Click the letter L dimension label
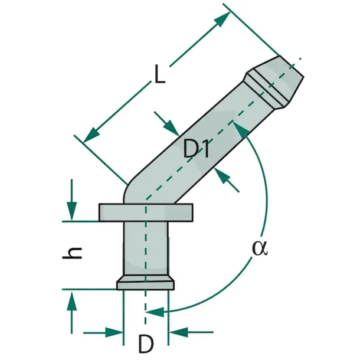pos(160,74)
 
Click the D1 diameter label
pos(197,149)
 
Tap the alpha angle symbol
pos(260,248)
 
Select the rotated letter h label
pos(72,253)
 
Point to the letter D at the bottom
pos(146,343)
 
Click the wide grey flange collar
pos(146,212)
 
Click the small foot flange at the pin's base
pos(146,283)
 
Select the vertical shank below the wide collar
pos(146,248)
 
